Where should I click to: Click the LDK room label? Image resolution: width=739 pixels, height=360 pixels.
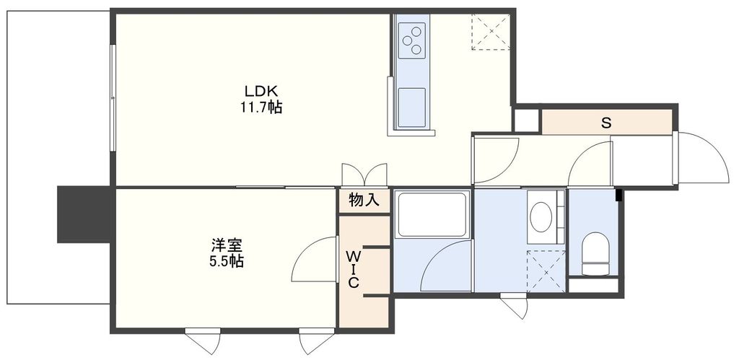[x=261, y=92]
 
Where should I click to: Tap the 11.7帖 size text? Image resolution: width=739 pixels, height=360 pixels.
[x=261, y=107]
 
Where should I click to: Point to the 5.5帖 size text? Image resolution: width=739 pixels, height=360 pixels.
[x=222, y=261]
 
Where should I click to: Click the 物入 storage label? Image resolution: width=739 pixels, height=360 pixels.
[x=364, y=200]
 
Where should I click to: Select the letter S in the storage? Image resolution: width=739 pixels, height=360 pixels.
[x=606, y=123]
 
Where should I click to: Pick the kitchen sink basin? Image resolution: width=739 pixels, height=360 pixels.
[x=412, y=107]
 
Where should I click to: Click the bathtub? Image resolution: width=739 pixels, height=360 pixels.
[x=432, y=214]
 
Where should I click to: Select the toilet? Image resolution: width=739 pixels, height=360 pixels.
[x=596, y=253]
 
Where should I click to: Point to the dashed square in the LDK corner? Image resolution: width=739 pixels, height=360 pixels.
[x=491, y=32]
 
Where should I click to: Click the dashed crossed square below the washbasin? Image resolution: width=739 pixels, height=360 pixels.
[x=546, y=270]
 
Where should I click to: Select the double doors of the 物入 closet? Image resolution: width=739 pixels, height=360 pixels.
[x=364, y=175]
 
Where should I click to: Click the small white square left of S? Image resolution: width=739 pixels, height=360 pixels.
[x=526, y=120]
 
